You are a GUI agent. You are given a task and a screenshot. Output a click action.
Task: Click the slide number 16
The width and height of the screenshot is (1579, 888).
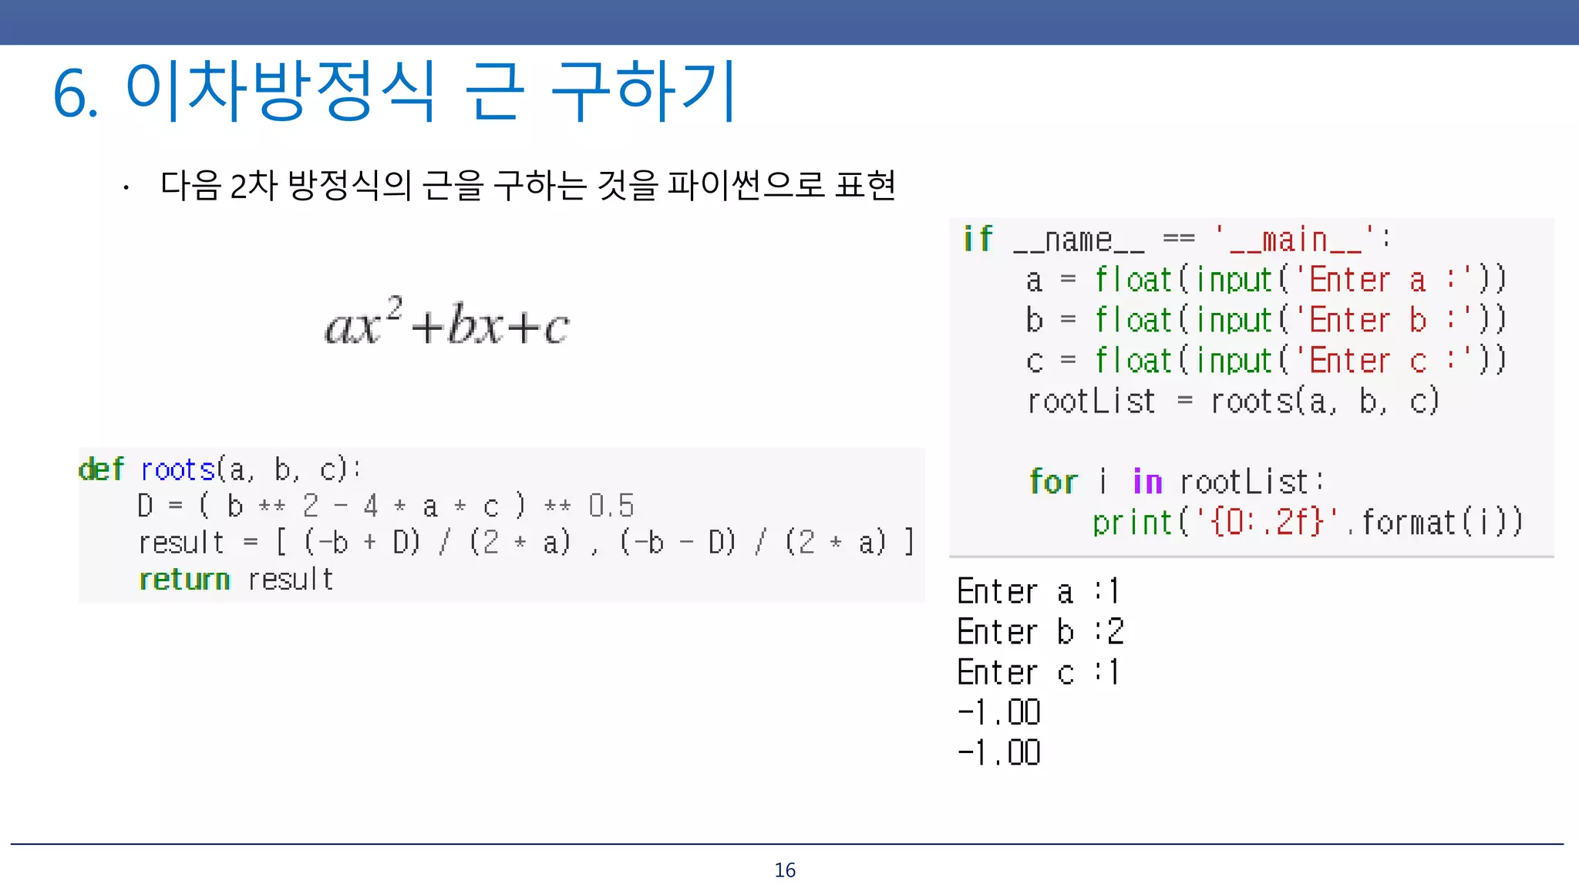coord(785,870)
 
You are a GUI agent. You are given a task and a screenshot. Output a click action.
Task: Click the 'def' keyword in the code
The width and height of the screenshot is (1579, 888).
coord(101,469)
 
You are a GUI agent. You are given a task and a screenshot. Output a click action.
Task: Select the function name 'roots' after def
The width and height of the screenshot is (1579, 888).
coord(177,469)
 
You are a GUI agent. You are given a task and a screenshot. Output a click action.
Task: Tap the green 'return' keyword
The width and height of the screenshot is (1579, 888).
coord(184,580)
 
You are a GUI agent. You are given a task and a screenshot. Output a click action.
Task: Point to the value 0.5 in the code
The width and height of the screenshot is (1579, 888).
coord(611,506)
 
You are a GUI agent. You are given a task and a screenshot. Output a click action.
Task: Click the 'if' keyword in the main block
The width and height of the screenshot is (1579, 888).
coord(978,239)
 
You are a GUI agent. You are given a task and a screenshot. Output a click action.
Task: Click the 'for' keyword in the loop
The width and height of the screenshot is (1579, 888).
coord(1053,482)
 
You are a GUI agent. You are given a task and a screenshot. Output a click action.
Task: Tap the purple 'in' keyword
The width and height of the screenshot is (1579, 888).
coord(1147,482)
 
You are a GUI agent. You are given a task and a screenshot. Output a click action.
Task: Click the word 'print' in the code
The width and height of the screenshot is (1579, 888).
coord(1132,523)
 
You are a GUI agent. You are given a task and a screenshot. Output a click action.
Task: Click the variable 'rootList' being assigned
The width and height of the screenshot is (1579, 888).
coord(1091,402)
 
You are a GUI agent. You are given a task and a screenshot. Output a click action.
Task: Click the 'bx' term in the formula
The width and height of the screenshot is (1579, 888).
coord(475,325)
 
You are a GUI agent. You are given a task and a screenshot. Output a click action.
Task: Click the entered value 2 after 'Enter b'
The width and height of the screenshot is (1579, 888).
coord(1116,632)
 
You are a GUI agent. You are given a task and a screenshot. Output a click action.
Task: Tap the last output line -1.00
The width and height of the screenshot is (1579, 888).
coord(999,752)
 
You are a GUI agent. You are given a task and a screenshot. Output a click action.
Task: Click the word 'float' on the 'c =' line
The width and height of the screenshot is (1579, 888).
coord(1133,361)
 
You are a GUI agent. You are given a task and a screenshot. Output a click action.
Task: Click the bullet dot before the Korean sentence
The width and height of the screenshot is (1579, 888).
coord(126,187)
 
